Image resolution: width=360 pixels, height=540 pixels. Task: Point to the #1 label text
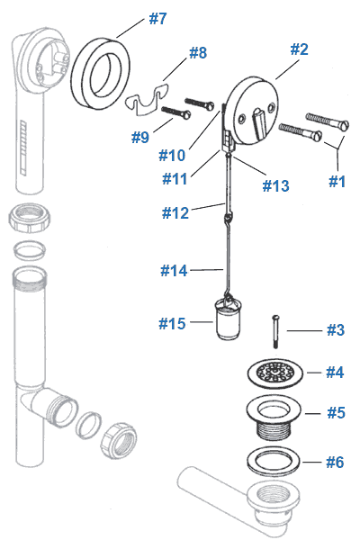(336, 181)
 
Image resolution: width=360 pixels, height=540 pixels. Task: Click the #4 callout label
(335, 372)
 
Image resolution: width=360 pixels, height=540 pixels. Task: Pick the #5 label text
(335, 414)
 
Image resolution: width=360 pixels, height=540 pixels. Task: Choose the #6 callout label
(335, 463)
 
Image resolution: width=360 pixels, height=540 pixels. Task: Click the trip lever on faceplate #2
(258, 116)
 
